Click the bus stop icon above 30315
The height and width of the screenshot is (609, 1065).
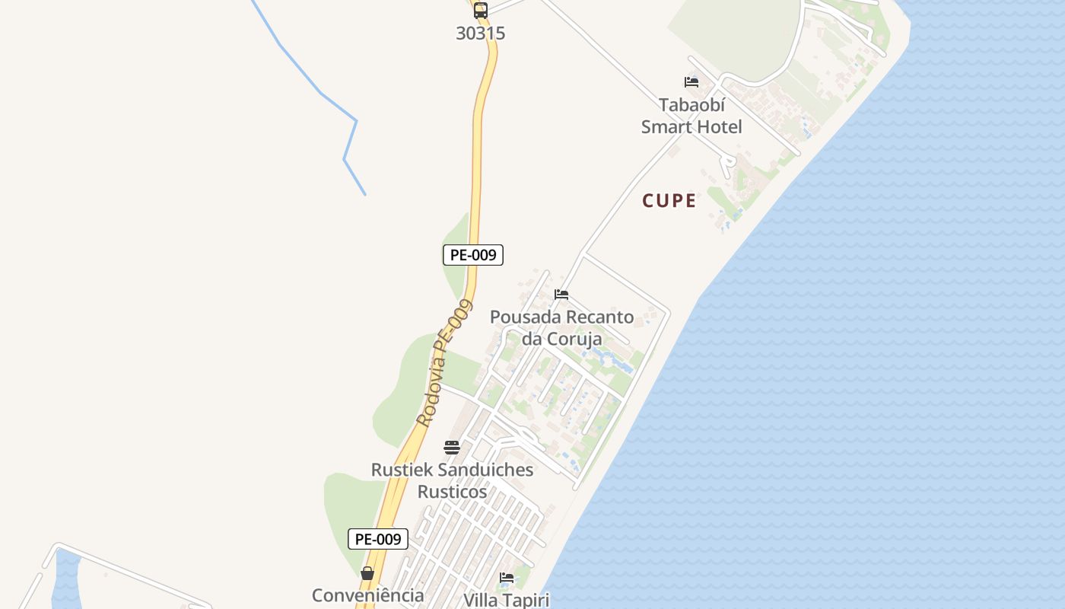(x=481, y=11)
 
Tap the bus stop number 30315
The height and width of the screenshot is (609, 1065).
(x=481, y=33)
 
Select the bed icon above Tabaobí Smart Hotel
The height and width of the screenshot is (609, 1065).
(x=691, y=82)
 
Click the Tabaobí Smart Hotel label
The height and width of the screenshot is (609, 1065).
(x=691, y=116)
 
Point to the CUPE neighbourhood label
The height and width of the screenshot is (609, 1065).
(x=669, y=201)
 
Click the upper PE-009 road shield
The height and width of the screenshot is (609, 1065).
(x=473, y=255)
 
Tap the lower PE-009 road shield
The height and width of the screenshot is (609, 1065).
(x=378, y=539)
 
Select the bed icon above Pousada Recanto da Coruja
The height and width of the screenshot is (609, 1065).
(x=561, y=295)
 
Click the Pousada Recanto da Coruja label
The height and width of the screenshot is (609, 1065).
(x=561, y=327)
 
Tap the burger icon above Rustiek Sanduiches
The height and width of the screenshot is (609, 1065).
(x=452, y=447)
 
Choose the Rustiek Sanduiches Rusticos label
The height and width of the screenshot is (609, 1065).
(x=452, y=480)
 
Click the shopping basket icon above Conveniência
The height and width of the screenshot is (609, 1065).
(x=367, y=573)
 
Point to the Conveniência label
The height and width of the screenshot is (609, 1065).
(x=368, y=595)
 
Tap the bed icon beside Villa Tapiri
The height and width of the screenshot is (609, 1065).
(x=507, y=578)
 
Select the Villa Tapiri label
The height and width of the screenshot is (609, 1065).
(x=507, y=600)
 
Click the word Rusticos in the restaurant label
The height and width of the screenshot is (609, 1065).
(x=452, y=492)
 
